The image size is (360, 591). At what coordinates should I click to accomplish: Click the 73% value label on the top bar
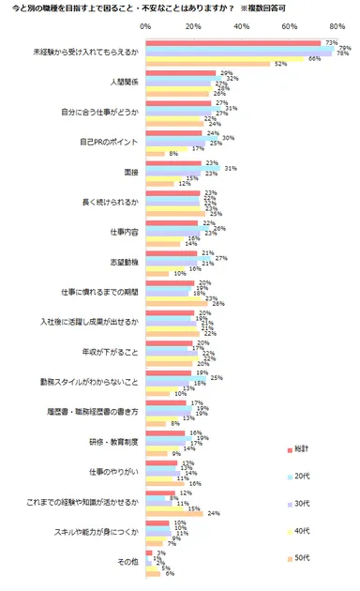330,42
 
